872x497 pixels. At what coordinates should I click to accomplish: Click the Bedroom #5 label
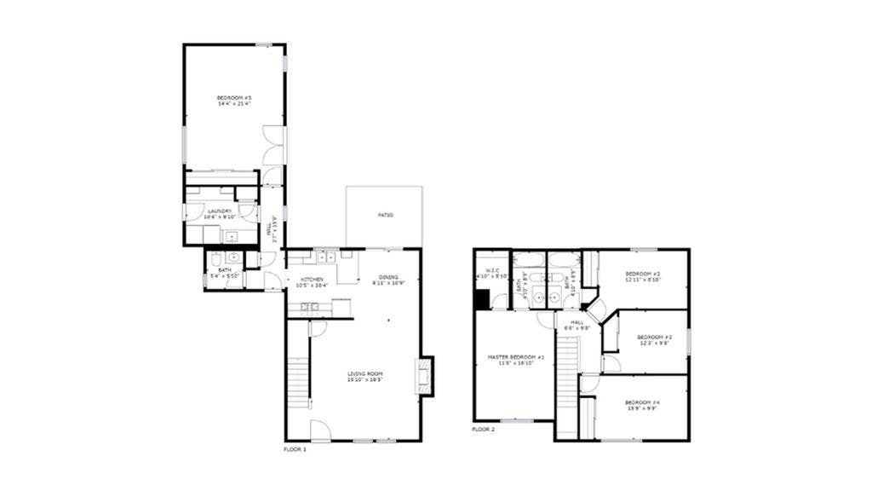(x=234, y=99)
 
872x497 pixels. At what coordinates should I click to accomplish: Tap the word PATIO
(x=385, y=215)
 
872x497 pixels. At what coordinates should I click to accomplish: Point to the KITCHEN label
(x=312, y=280)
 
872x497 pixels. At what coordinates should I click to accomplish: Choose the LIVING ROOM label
(x=365, y=374)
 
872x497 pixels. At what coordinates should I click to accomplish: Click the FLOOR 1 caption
(x=295, y=448)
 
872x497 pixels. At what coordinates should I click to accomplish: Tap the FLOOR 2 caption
(x=483, y=429)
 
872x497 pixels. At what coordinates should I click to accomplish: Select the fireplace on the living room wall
(x=423, y=375)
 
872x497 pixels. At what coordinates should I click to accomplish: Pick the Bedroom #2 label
(x=643, y=274)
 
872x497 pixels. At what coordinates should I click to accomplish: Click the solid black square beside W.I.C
(x=482, y=299)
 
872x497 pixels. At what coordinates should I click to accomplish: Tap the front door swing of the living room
(x=318, y=431)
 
